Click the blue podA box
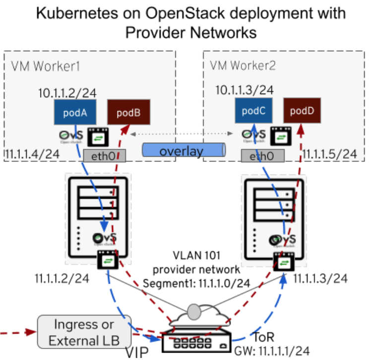pos(74,113)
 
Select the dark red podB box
pos(128,113)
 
